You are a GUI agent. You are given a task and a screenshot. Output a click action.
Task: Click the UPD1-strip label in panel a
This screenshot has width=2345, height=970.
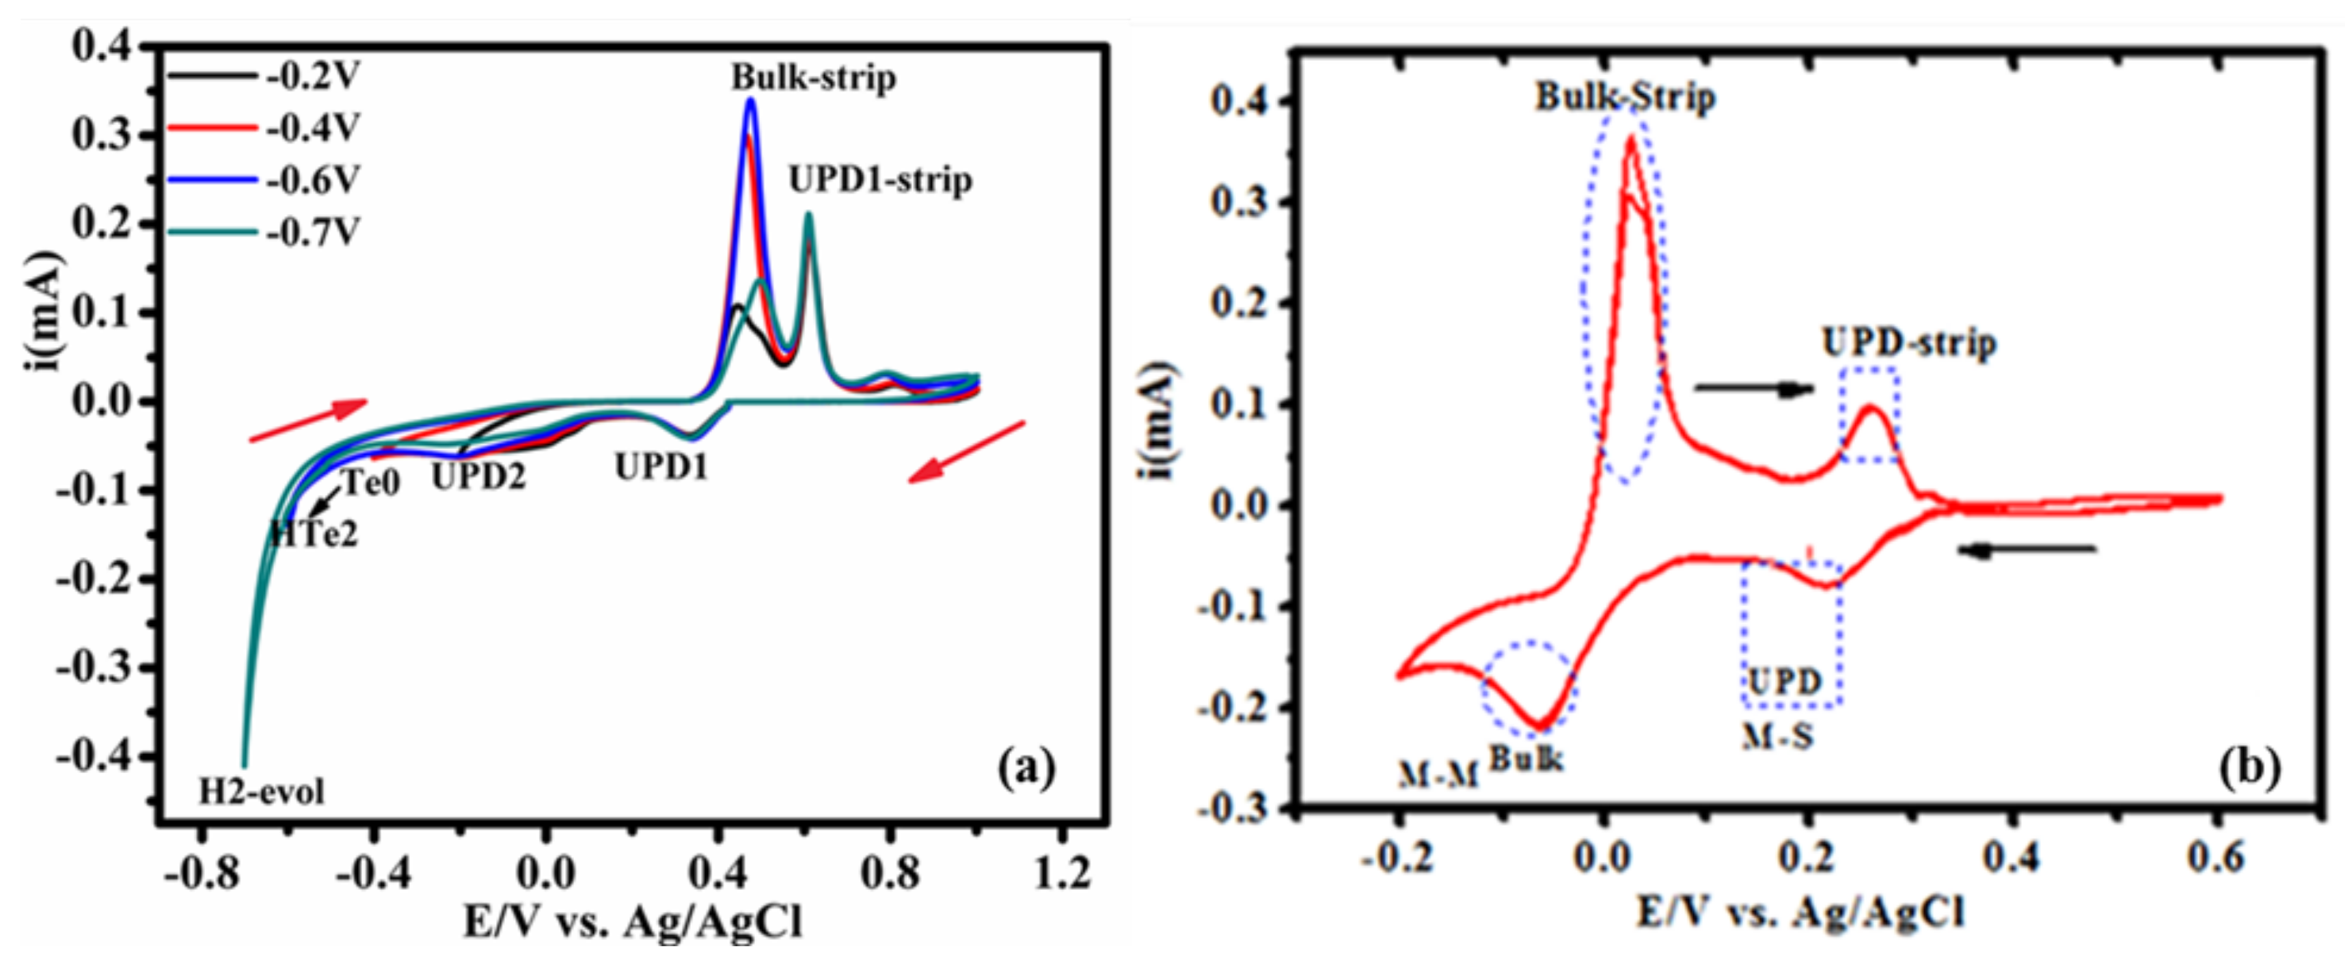[x=879, y=180]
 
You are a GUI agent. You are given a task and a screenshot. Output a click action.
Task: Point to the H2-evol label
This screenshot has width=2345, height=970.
[x=261, y=792]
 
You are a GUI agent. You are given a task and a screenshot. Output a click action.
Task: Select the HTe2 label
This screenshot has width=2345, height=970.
[x=315, y=535]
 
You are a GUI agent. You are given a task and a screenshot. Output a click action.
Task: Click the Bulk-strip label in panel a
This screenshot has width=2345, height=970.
[x=813, y=79]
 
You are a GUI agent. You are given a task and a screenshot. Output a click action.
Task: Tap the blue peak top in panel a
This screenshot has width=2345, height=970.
[x=750, y=100]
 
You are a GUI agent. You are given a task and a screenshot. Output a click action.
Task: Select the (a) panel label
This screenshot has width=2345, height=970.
[x=1027, y=768]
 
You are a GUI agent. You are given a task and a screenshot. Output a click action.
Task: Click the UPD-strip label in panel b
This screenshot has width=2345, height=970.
[x=1909, y=343]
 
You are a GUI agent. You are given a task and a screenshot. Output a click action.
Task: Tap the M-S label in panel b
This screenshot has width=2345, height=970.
[x=1778, y=736]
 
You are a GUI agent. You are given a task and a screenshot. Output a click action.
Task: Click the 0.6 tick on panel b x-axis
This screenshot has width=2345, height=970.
[x=2216, y=858]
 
